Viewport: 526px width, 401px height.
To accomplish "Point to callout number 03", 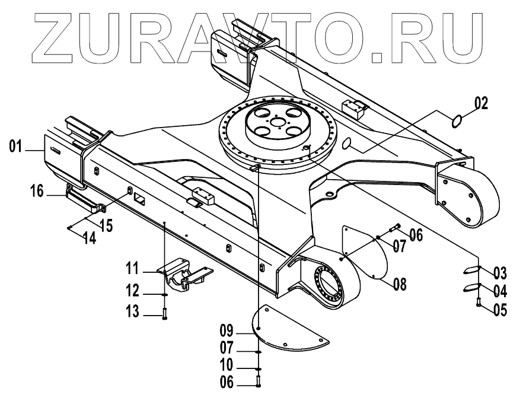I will point(500,273).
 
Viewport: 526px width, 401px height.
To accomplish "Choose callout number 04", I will point(500,291).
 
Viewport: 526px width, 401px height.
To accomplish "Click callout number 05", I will point(500,308).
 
